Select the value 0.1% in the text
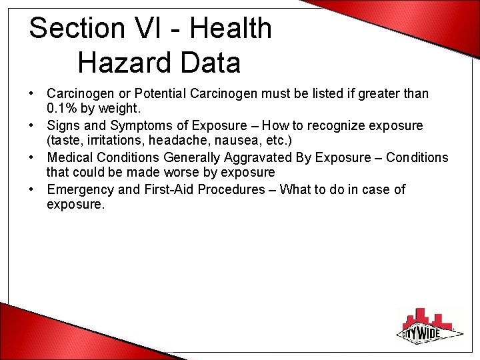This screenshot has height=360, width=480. coord(63,109)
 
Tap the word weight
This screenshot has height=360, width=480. coord(121,109)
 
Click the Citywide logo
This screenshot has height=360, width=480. coord(431,327)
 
